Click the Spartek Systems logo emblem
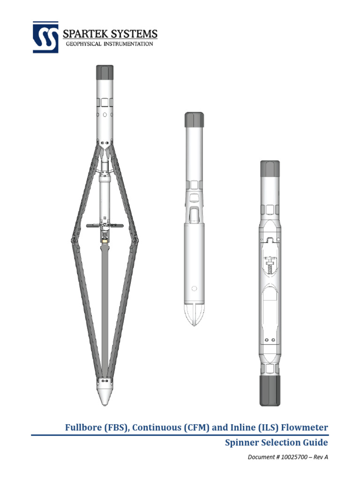pyautogui.click(x=45, y=37)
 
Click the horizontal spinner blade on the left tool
pyautogui.click(x=105, y=226)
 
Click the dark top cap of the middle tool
pyautogui.click(x=193, y=120)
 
